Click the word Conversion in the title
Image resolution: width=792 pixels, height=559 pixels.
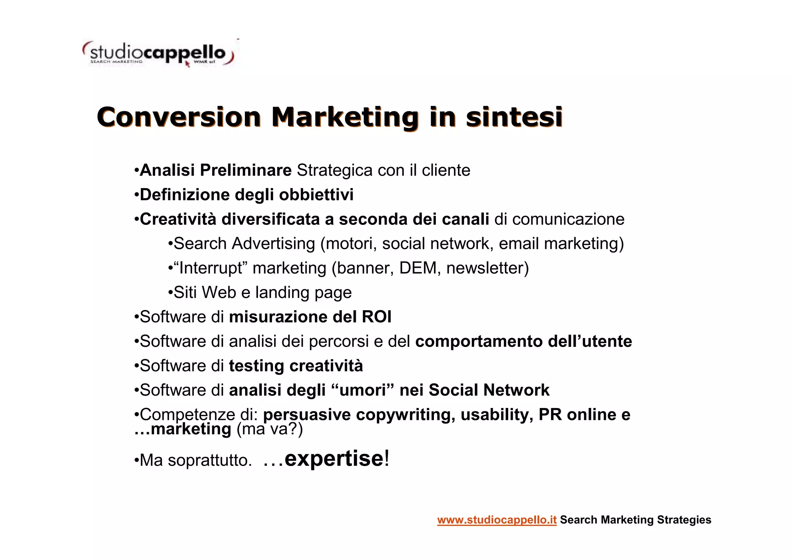(179, 117)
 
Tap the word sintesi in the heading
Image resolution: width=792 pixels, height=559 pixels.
(514, 117)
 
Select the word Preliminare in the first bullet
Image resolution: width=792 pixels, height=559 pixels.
(246, 170)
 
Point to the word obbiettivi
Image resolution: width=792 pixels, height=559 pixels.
(316, 195)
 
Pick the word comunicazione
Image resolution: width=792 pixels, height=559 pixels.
(568, 219)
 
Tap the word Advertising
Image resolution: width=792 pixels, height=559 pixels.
(273, 244)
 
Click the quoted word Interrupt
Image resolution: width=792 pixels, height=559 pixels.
(209, 268)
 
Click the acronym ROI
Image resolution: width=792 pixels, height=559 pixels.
(376, 317)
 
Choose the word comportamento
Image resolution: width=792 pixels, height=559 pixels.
(479, 342)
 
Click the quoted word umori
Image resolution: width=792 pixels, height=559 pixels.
(362, 390)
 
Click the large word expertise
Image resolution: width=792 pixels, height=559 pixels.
(334, 459)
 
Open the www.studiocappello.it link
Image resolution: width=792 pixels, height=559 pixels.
(497, 520)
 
